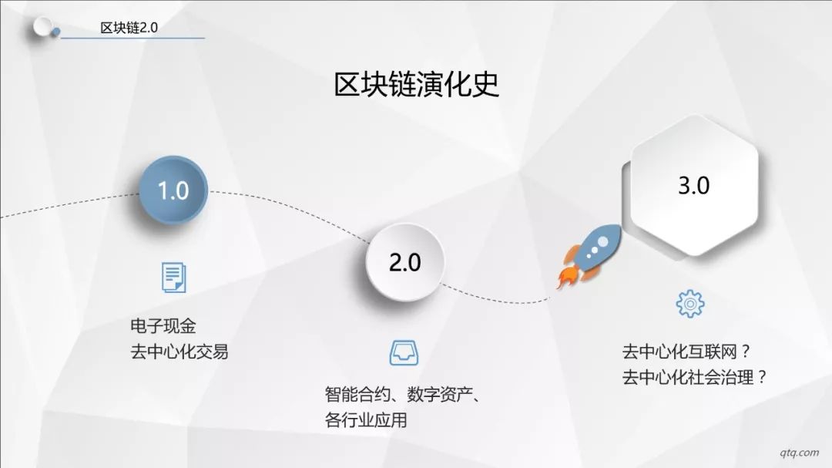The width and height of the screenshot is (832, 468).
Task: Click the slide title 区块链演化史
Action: tap(417, 84)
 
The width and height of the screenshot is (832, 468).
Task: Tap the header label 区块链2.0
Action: tap(129, 28)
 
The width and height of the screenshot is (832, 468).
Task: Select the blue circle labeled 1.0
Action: tap(173, 190)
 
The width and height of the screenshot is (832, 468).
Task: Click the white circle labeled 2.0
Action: tap(405, 262)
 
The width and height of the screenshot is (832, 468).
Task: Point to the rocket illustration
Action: tap(589, 256)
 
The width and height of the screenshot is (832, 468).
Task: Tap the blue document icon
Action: tap(173, 278)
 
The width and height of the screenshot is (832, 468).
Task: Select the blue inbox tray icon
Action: tap(404, 353)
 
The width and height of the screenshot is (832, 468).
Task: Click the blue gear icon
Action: tap(690, 304)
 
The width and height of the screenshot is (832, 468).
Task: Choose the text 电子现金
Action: tap(163, 325)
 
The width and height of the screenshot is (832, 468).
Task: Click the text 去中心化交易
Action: tap(179, 352)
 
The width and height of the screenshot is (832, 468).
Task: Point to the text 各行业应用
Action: tap(366, 420)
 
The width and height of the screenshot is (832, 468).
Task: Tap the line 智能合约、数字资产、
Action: tap(403, 395)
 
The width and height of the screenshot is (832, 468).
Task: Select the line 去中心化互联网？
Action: tap(687, 352)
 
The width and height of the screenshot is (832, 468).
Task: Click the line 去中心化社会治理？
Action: tap(695, 378)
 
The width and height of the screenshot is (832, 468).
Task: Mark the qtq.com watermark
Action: tap(800, 453)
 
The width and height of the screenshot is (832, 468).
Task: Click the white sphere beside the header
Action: tap(42, 26)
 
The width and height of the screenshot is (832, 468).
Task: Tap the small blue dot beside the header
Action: tap(55, 33)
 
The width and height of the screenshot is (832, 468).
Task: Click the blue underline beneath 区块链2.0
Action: tap(133, 39)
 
